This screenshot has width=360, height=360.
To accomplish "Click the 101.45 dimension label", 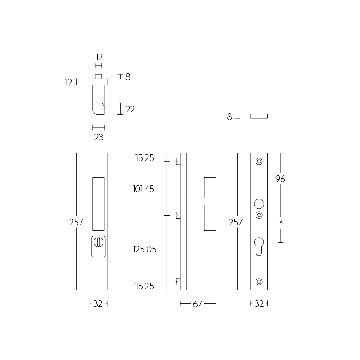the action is (x=143, y=189).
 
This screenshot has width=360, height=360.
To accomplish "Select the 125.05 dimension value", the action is (x=144, y=249).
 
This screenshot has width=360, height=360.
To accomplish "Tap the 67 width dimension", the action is (x=198, y=304).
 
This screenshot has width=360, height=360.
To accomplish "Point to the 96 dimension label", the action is (x=280, y=179).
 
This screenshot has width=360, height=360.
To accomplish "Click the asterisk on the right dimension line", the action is (x=281, y=222).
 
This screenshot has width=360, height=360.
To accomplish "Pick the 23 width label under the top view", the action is (x=99, y=137).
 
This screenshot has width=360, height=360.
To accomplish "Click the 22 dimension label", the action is (x=130, y=109).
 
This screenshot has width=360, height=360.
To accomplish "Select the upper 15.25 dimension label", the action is (x=144, y=158).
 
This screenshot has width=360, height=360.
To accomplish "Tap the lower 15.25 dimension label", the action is (x=144, y=286).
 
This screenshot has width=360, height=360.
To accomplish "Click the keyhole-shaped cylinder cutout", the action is (x=259, y=246).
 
